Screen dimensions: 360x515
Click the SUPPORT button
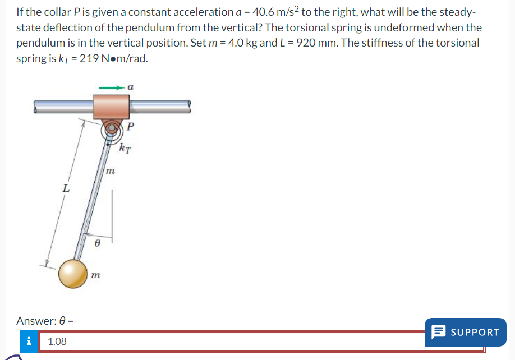click(x=465, y=332)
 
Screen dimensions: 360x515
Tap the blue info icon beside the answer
click(x=29, y=341)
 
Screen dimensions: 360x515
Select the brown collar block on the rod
click(x=111, y=107)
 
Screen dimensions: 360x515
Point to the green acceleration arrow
click(x=111, y=87)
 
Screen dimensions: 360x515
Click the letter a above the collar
click(x=130, y=87)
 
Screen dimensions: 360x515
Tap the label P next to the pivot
click(x=130, y=126)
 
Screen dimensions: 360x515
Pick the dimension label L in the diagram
click(x=66, y=189)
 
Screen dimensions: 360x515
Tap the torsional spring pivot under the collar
click(x=110, y=130)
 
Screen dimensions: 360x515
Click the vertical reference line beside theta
click(x=112, y=216)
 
